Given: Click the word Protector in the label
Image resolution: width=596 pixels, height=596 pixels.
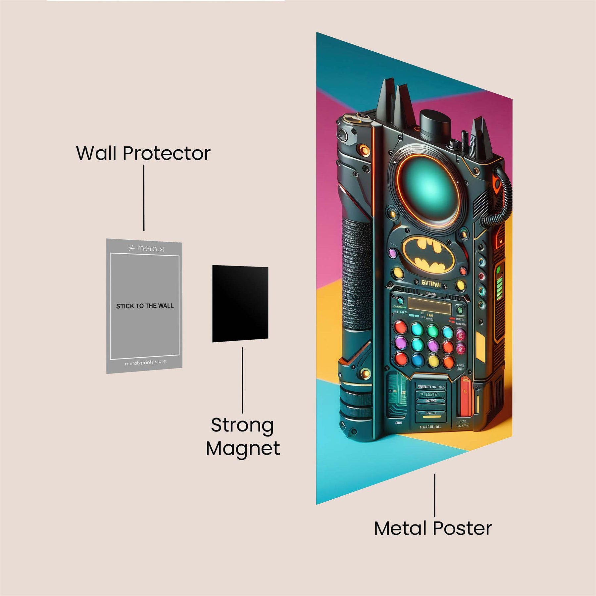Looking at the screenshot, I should [x=167, y=153].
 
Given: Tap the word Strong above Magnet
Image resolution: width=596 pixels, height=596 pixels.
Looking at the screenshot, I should [x=242, y=425].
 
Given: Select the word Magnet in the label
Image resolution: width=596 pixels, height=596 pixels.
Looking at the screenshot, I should [x=243, y=449].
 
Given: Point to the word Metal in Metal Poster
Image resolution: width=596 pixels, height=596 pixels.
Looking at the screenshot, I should [x=400, y=528].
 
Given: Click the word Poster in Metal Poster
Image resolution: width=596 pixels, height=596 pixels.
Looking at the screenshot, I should [x=463, y=528].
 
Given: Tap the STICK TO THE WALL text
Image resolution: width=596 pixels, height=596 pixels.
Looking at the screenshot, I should [x=145, y=306].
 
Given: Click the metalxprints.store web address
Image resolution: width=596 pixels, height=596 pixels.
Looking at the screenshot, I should [x=145, y=363].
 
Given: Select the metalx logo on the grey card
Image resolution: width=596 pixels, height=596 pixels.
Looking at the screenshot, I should [x=146, y=248].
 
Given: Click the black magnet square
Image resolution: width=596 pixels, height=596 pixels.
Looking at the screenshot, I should [x=240, y=304].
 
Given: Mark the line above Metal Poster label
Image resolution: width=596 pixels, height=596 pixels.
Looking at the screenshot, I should [x=435, y=495].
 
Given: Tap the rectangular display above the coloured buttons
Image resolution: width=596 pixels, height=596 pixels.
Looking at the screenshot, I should [x=429, y=305].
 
